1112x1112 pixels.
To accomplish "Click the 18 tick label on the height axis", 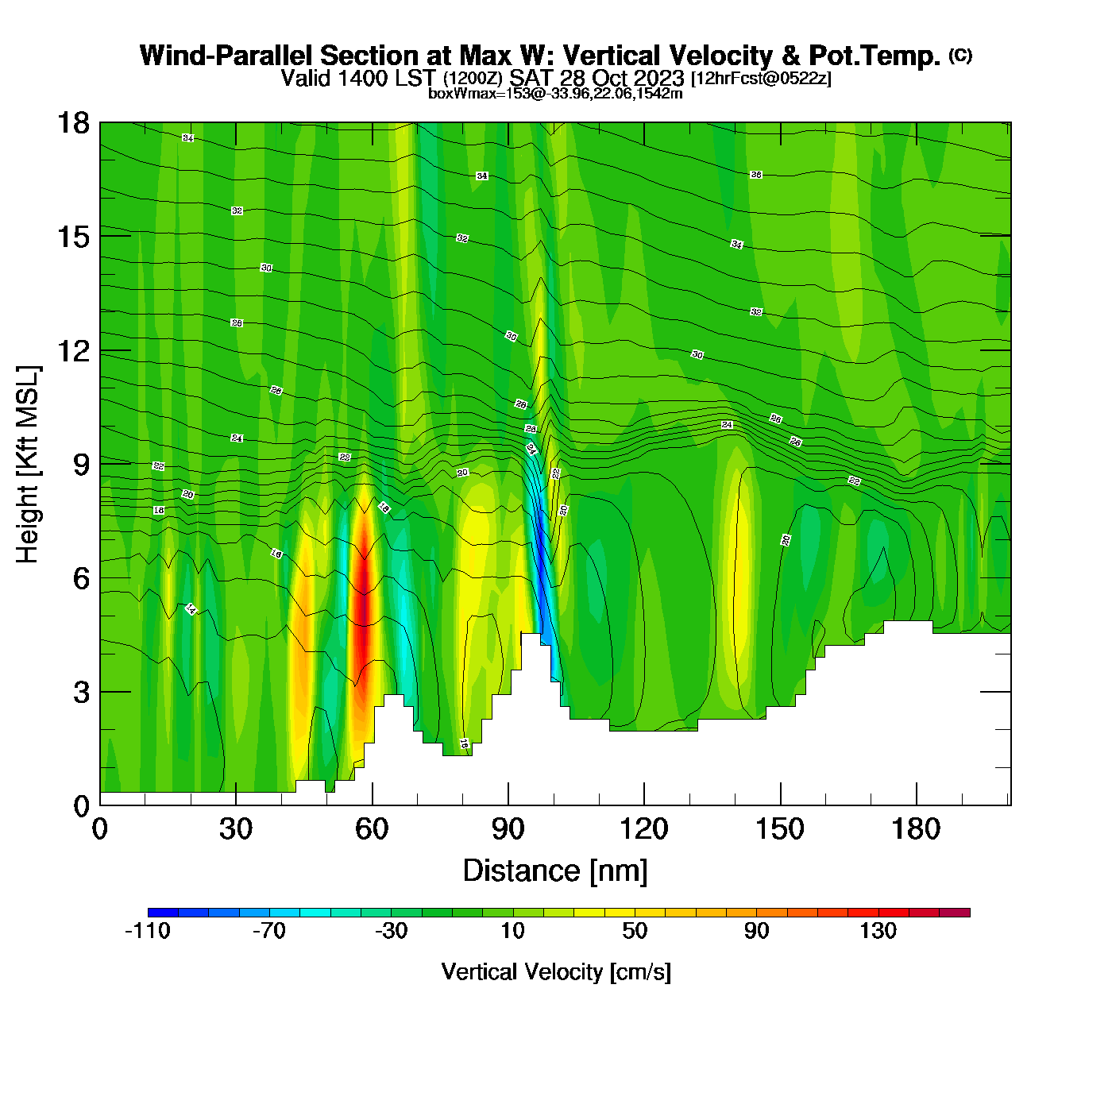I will (x=73, y=123).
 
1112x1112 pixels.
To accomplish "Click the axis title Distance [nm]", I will (x=555, y=871).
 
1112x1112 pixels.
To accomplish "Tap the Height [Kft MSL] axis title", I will (x=29, y=465).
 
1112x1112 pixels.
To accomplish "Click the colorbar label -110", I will (x=148, y=931).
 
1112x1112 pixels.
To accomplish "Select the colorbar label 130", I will (x=878, y=931).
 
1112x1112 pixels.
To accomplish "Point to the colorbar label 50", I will (x=635, y=931).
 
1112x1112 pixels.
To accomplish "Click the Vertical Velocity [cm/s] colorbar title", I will (x=555, y=972).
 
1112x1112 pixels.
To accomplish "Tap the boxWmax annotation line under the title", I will (x=555, y=94).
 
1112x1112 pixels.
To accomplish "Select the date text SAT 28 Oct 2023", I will (x=597, y=78).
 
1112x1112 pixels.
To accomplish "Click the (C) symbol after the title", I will (x=960, y=55).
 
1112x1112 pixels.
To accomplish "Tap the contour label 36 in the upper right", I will (x=756, y=175).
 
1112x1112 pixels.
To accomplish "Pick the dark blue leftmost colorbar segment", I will (x=163, y=913).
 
